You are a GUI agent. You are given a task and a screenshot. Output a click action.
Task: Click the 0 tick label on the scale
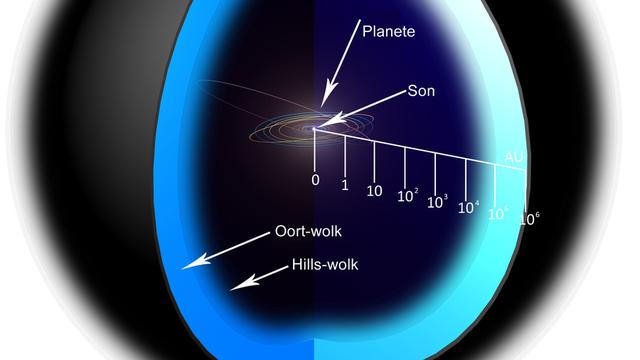tap(315, 180)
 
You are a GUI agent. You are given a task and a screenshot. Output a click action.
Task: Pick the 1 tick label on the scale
tap(345, 186)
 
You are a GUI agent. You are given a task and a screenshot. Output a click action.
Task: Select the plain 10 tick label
tap(375, 191)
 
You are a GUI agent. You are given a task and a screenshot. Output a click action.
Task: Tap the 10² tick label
tap(406, 197)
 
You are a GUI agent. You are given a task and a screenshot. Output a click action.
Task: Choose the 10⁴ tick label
tap(467, 208)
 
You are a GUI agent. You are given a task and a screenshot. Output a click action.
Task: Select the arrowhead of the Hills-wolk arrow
tap(233, 287)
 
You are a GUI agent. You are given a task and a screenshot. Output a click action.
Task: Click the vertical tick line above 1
tap(345, 154)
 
